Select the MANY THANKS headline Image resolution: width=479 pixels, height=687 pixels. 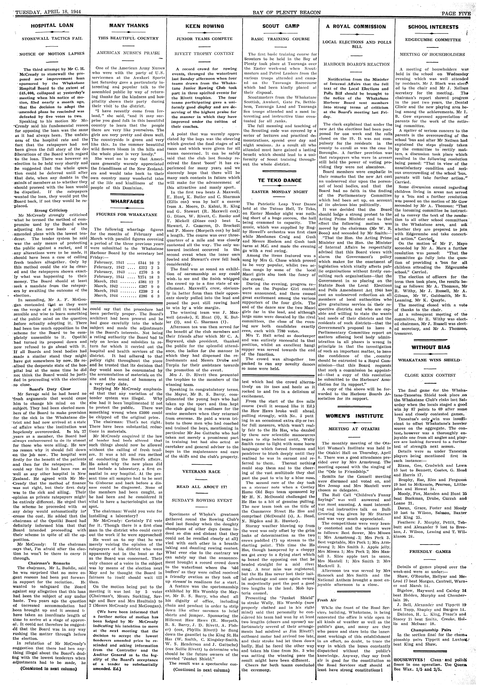click(x=129, y=25)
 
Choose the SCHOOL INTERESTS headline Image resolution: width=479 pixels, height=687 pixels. click(x=433, y=27)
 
